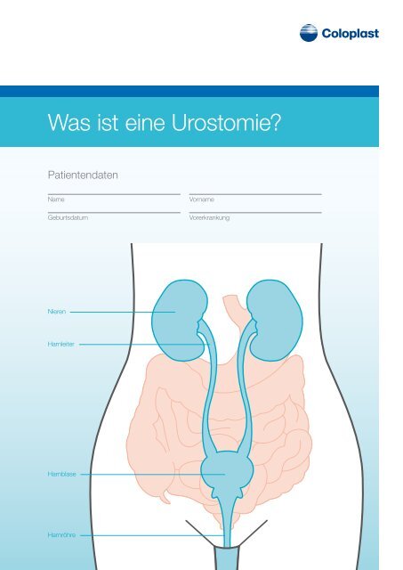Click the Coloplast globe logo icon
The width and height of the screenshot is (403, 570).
(x=309, y=33)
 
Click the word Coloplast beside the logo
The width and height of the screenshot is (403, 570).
(x=350, y=34)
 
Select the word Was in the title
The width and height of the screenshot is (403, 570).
(x=69, y=123)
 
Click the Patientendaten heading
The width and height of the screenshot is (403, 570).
(x=83, y=175)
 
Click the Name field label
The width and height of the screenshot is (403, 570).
(x=56, y=199)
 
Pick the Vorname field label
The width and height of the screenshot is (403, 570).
(x=201, y=199)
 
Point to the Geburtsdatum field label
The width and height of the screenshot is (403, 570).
(x=68, y=217)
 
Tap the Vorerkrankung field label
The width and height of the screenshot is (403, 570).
(x=209, y=217)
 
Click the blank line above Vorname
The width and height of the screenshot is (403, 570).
(x=255, y=194)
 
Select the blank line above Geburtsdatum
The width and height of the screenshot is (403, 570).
(x=114, y=212)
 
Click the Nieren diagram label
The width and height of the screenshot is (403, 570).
(x=57, y=312)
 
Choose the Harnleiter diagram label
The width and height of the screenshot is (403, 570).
(x=61, y=344)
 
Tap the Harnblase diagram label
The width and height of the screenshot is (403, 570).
(x=61, y=474)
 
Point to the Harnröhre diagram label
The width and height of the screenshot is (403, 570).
(x=61, y=534)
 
